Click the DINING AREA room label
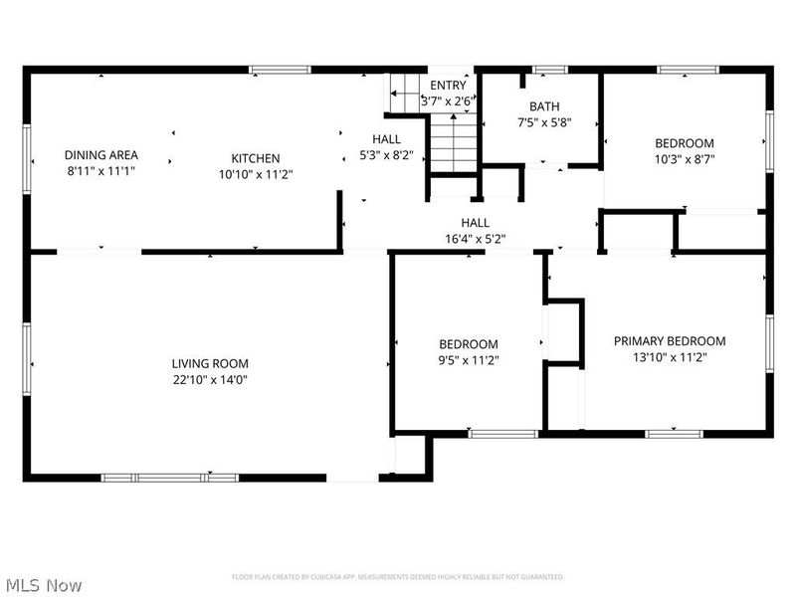[100, 155]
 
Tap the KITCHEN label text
[256, 158]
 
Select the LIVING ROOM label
[210, 364]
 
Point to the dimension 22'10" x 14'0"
[210, 379]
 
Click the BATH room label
[544, 106]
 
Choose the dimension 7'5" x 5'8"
[544, 122]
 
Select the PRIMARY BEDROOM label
[669, 341]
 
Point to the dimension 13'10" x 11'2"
[669, 357]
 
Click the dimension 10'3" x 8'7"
[685, 158]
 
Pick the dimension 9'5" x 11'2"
[468, 359]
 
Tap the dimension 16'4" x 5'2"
[475, 238]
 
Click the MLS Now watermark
[43, 585]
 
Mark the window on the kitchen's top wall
[280, 70]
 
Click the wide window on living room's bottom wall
[170, 478]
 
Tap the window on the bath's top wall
[549, 70]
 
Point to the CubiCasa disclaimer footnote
[398, 577]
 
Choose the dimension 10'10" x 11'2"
[256, 173]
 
